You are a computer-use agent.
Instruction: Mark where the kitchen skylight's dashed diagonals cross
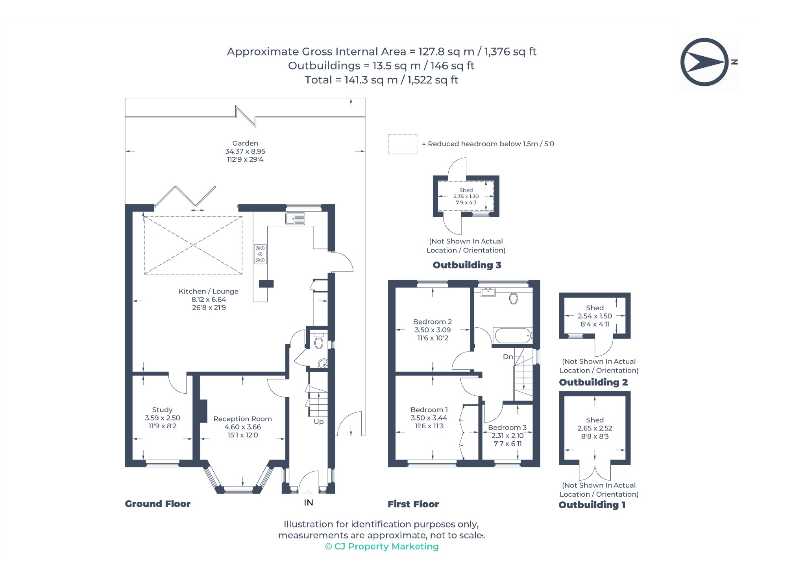point(193,245)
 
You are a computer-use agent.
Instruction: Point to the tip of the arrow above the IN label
point(309,490)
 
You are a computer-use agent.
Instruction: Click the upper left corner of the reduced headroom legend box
point(388,135)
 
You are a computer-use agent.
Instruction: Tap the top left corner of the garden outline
point(125,98)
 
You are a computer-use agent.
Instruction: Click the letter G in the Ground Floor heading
point(128,504)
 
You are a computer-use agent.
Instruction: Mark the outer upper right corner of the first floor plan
point(540,280)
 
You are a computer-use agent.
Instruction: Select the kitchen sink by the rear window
point(295,219)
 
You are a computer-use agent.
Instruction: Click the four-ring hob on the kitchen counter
point(260,254)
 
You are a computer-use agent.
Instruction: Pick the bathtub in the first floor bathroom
point(512,336)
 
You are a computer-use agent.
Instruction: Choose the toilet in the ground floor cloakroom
point(319,341)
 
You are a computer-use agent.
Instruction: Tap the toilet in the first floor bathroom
point(513,298)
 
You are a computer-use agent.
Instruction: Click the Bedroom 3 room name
point(507,428)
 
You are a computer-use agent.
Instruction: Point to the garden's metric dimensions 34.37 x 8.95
point(245,151)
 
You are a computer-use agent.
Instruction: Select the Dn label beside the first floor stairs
point(508,357)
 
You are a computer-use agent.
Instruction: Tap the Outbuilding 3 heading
point(467,265)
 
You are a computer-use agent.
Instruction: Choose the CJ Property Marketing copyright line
point(382,546)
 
